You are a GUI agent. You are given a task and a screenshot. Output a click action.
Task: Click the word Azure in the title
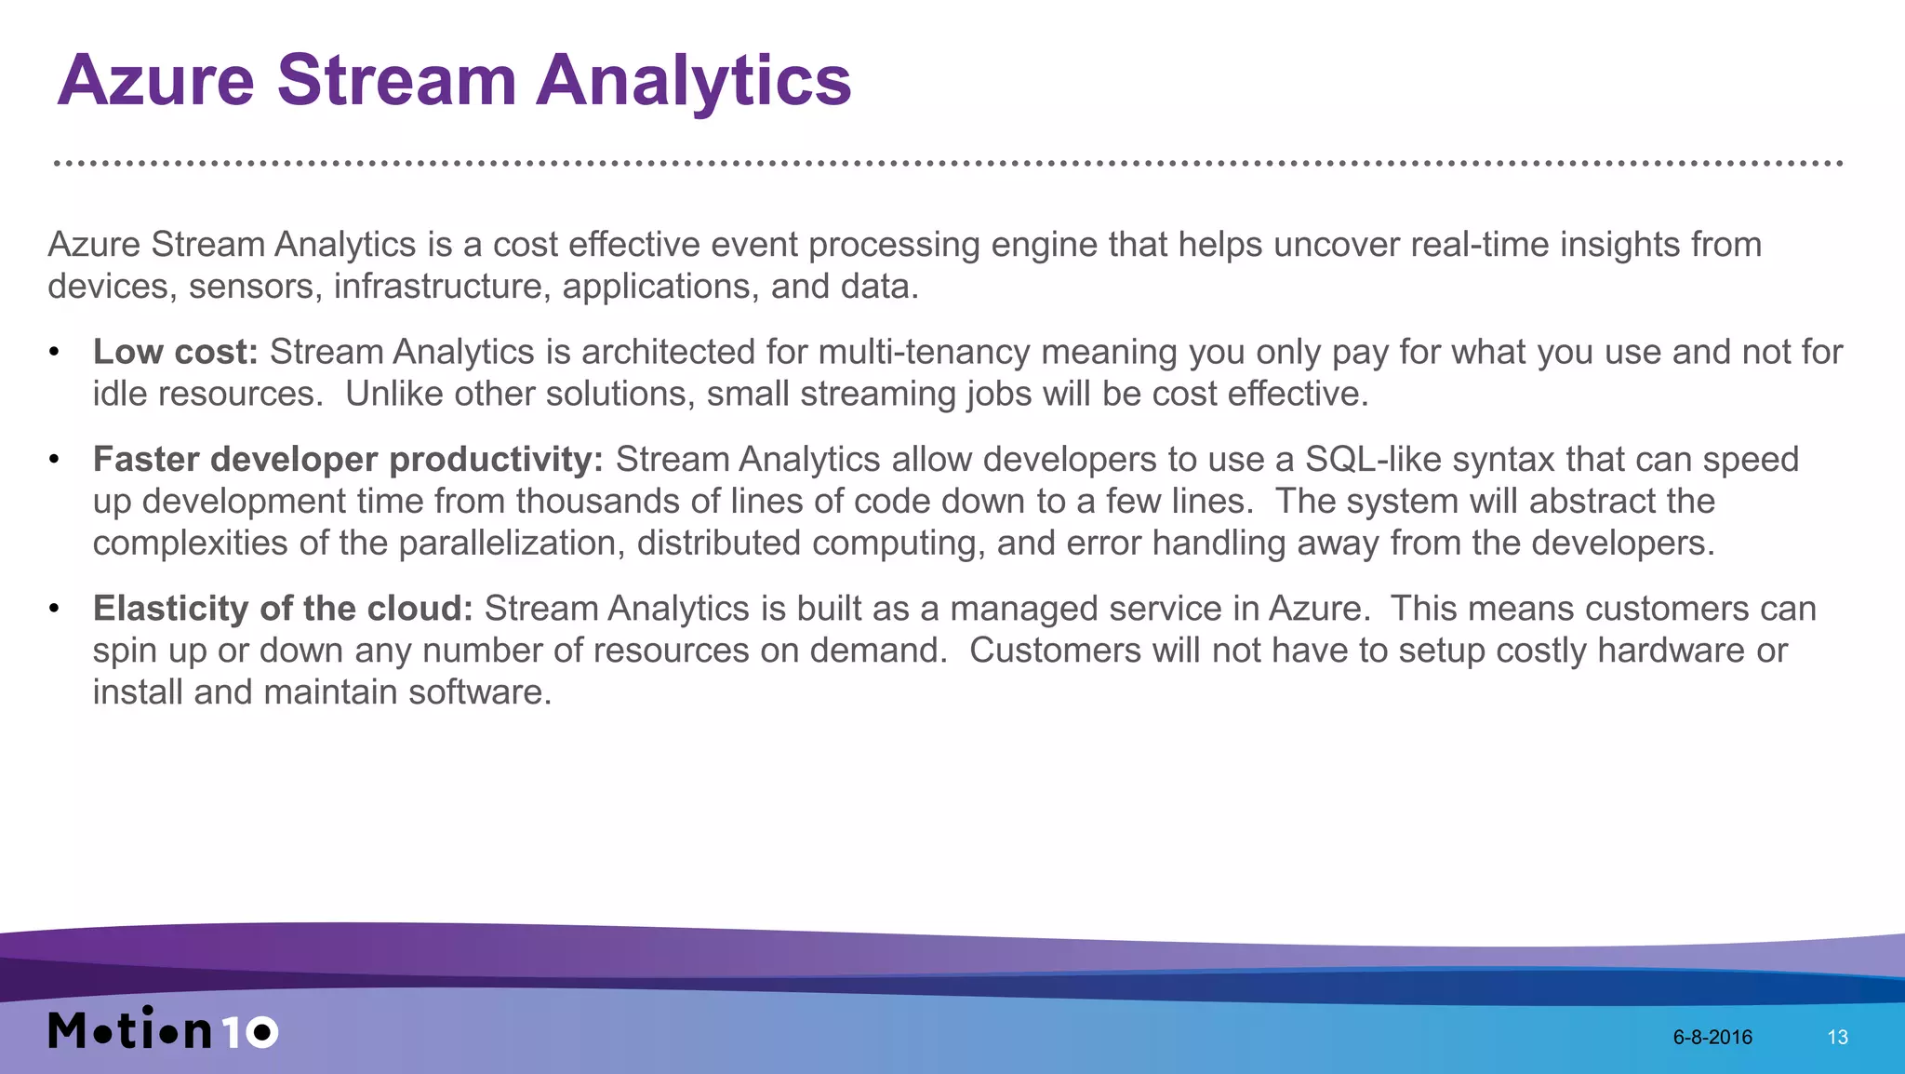pos(155,81)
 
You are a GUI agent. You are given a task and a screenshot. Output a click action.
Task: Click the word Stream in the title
pos(396,81)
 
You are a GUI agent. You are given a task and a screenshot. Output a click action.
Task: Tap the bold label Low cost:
pos(175,353)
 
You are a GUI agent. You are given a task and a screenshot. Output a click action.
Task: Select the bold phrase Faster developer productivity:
pos(348,460)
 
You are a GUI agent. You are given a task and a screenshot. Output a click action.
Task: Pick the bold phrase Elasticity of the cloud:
pos(283,609)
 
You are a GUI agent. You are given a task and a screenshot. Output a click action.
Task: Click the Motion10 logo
pos(163,1029)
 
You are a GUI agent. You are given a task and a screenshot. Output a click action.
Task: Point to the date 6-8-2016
pos(1712,1038)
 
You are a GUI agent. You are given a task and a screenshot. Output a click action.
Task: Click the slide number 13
pos(1837,1038)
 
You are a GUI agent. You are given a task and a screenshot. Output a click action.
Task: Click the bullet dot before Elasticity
pos(55,610)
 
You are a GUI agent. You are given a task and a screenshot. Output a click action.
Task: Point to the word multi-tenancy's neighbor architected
pos(668,353)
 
